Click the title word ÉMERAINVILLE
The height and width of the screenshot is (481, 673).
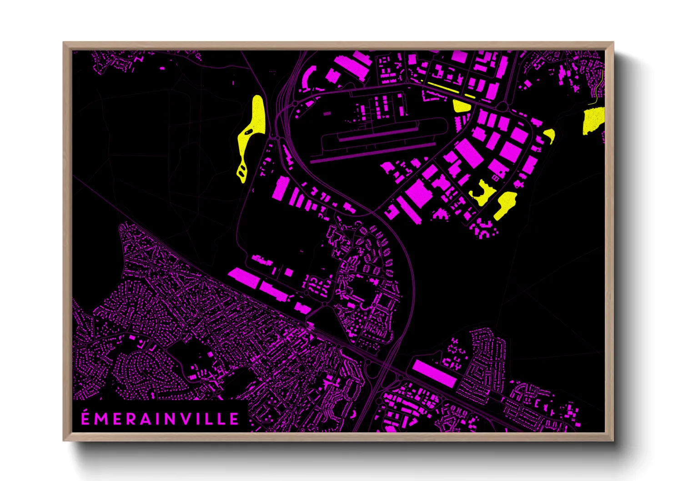click(160, 419)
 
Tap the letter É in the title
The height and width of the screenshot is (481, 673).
click(85, 418)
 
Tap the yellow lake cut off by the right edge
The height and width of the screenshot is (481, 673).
click(594, 120)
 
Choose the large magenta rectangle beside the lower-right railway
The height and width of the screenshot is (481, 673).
click(434, 373)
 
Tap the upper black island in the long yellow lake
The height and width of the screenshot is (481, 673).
click(248, 132)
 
